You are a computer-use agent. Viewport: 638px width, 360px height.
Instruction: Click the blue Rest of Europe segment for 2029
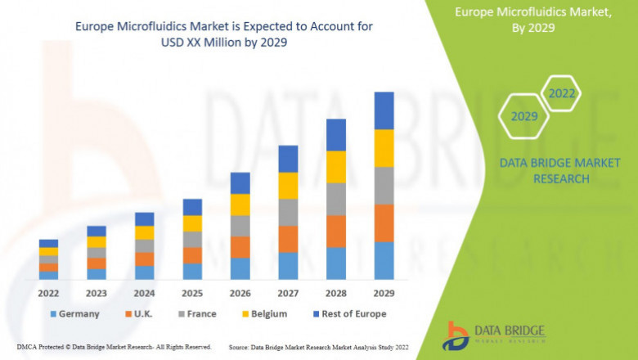tap(384, 110)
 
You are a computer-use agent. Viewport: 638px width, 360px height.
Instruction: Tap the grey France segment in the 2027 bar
tap(288, 212)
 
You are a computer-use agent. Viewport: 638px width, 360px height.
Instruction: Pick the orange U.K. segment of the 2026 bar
tap(240, 247)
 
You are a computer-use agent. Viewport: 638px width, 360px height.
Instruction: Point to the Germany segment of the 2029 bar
tap(384, 260)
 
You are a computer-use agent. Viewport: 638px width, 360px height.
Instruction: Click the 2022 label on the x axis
tap(48, 292)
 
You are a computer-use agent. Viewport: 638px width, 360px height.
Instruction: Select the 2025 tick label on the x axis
tap(192, 292)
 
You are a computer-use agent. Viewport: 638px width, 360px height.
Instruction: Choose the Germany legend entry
tap(74, 313)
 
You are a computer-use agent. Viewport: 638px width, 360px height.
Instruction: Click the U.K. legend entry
tap(140, 313)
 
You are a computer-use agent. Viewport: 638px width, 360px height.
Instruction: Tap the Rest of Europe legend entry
tap(347, 313)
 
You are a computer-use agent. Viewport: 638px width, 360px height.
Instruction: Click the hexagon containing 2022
tap(562, 93)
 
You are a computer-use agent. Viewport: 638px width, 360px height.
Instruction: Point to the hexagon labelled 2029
tap(524, 116)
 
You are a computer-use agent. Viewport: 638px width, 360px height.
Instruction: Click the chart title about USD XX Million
tap(223, 34)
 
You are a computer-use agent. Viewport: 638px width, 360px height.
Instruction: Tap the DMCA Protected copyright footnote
tap(114, 347)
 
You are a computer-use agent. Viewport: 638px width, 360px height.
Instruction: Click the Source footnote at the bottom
tap(319, 347)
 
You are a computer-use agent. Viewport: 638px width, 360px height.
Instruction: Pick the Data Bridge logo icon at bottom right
tap(455, 335)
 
